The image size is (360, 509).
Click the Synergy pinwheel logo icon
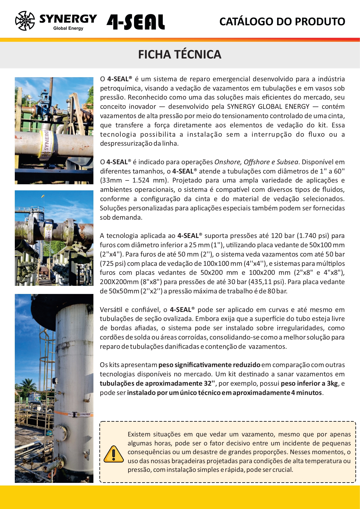(x=25, y=21)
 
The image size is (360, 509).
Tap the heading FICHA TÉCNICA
(x=180, y=55)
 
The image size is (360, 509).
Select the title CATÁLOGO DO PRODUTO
(x=282, y=22)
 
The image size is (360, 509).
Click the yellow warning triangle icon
(x=113, y=454)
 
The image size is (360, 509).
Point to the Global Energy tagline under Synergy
(x=68, y=28)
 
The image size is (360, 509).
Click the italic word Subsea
(x=287, y=162)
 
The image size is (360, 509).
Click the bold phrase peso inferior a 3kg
(x=309, y=383)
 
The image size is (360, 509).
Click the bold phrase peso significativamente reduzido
(x=209, y=365)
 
